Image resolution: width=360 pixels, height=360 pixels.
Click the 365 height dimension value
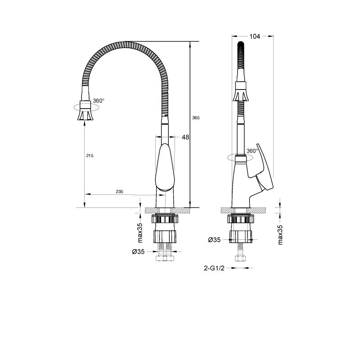(x=195, y=117)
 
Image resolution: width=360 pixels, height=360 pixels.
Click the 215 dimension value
(x=89, y=155)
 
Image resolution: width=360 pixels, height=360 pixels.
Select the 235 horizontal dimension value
(x=119, y=191)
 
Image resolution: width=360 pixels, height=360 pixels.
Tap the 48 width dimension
(x=185, y=137)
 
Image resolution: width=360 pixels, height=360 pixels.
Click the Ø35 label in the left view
(x=138, y=252)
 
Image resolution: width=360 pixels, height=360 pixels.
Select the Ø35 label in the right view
(x=214, y=240)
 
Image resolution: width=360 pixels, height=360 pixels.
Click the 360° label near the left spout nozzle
(x=98, y=100)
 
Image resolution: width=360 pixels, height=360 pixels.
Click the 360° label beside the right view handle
(x=252, y=151)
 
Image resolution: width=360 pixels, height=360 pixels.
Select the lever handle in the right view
(x=263, y=171)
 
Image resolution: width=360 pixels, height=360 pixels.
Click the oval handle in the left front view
(x=164, y=166)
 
